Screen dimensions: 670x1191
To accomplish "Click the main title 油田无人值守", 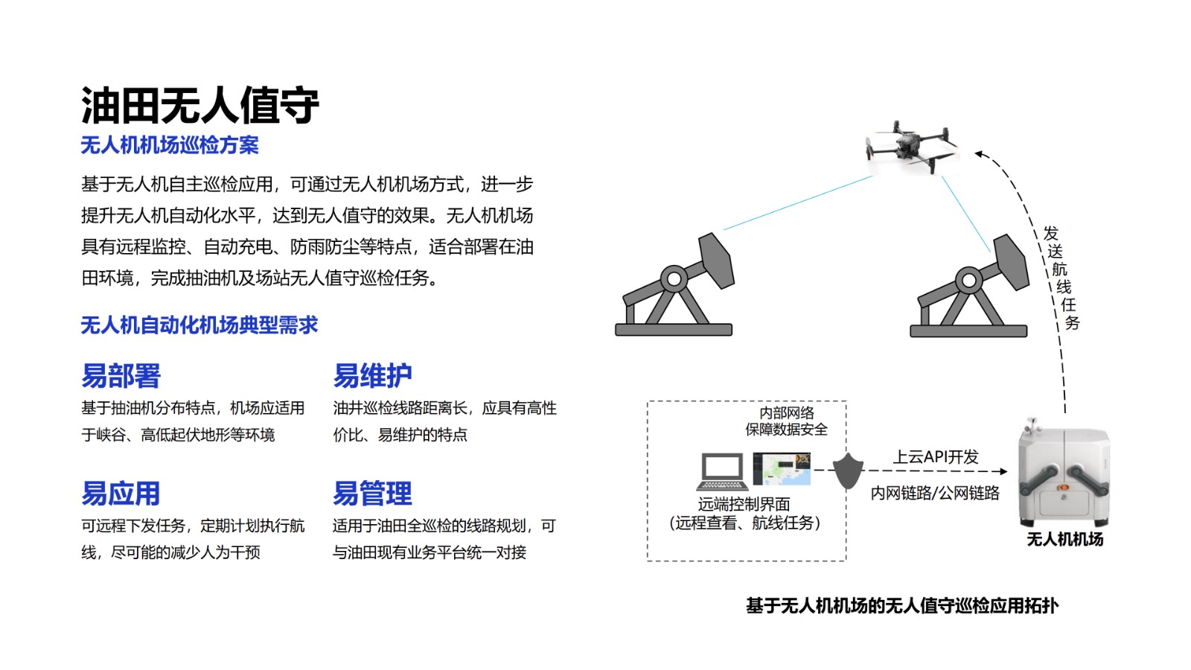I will [x=199, y=105].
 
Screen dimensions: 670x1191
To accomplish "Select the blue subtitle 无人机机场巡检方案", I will [x=170, y=145].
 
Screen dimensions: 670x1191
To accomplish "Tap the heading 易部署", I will [x=121, y=376].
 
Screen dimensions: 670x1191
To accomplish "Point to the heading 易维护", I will [x=372, y=376].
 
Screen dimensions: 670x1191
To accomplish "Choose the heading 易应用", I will [x=121, y=494].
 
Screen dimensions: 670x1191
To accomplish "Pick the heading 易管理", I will [x=372, y=494].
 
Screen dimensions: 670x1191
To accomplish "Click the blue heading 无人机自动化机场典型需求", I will [x=199, y=325].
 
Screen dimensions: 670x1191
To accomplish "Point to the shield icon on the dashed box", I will [x=847, y=470].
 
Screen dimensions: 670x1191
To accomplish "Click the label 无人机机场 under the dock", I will [x=1064, y=539].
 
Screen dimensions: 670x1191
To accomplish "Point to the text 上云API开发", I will [x=936, y=457].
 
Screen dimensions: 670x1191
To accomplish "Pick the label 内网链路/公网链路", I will [x=935, y=493].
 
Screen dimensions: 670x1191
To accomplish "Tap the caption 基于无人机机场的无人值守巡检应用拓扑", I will [x=902, y=606].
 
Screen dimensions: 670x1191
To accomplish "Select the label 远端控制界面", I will [x=744, y=504].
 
